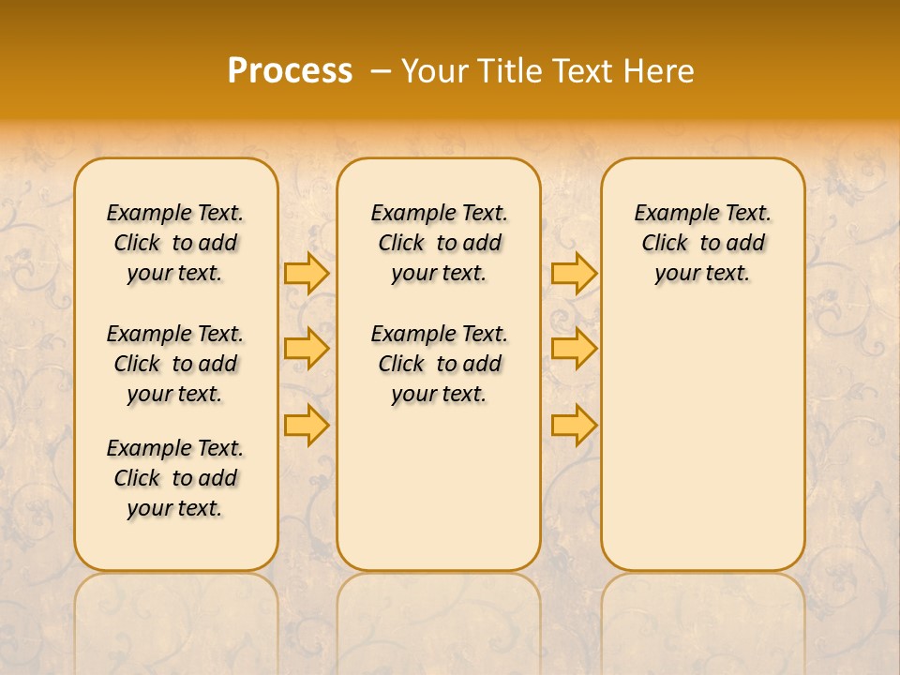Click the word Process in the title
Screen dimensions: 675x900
coord(290,70)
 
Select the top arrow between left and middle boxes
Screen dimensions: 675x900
coord(307,273)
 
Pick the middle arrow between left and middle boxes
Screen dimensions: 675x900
coord(307,349)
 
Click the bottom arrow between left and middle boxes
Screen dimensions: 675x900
coord(307,426)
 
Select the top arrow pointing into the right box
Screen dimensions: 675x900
coord(574,273)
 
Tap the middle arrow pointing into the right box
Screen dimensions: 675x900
coord(574,349)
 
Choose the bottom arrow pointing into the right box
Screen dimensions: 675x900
coord(574,426)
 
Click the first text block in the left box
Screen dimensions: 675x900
coord(175,243)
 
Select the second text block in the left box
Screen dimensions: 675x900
coord(175,364)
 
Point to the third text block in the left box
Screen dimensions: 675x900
coord(175,478)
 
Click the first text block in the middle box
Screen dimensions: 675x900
coord(439,243)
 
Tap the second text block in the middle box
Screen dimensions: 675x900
coord(439,364)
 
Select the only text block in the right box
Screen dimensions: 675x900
coord(703,243)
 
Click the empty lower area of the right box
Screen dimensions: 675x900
coord(703,441)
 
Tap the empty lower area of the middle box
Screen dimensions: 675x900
coord(439,487)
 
